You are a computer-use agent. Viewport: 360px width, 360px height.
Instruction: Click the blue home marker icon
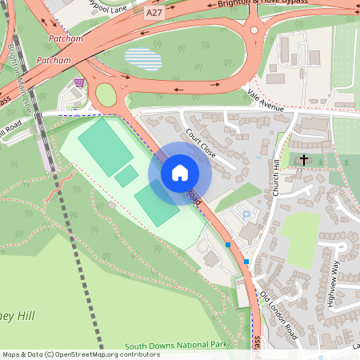pos(180,173)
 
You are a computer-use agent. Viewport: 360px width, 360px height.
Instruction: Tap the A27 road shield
pos(154,14)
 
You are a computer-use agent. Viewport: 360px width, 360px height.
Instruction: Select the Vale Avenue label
pos(266,102)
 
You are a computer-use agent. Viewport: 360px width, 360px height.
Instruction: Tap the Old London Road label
pos(279,316)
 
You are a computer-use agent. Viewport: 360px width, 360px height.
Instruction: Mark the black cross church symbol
pos(303,160)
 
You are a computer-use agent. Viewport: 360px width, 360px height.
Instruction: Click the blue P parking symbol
pos(246,215)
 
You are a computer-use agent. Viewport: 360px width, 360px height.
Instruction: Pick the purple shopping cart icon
pos(78,82)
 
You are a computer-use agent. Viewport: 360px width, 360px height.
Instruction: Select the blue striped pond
pos(143,59)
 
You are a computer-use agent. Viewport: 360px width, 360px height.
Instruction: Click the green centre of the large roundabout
pos(106,95)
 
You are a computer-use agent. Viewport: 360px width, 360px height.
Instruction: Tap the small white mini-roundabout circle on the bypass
pos(254,30)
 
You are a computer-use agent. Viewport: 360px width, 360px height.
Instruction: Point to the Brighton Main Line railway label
pos(22,76)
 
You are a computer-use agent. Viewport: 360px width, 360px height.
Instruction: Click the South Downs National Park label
pos(190,345)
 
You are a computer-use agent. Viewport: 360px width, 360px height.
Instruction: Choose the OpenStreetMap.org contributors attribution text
pos(115,354)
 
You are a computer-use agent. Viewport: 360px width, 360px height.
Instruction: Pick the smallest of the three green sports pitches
pos(126,176)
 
